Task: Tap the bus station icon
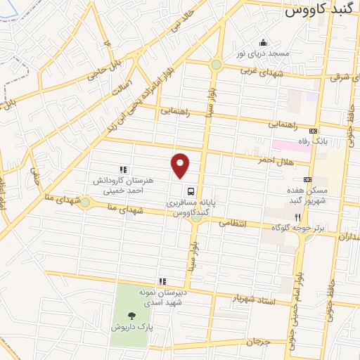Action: pos(191,190)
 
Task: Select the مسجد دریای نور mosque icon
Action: pos(264,43)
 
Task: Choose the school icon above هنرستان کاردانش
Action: pos(123,169)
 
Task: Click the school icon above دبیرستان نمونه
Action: pos(162,281)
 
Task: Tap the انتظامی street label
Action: pos(233,222)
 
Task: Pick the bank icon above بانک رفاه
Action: pos(313,130)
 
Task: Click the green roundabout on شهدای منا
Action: pos(85,202)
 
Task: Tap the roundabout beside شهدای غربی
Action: pos(215,66)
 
